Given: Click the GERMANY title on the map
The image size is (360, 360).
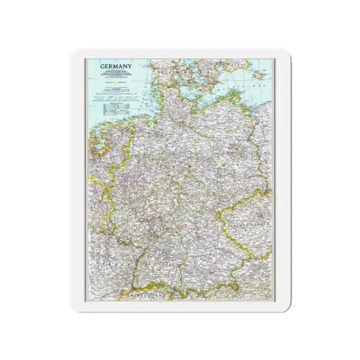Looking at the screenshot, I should pyautogui.click(x=108, y=66).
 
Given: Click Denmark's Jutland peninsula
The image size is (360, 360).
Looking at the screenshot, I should pyautogui.click(x=156, y=69).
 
